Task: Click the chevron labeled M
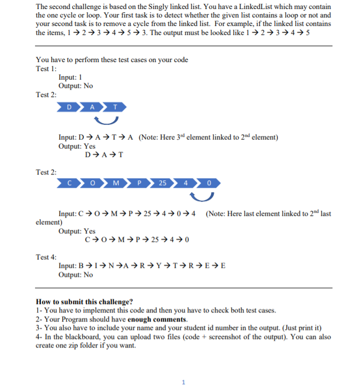[x=116, y=184]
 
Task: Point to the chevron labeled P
[x=139, y=184]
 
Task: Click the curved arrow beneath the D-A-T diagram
[x=103, y=121]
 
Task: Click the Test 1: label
[x=46, y=69]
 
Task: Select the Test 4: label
[x=46, y=257]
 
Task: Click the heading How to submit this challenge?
[x=84, y=301]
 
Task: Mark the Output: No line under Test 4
[x=75, y=274]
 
